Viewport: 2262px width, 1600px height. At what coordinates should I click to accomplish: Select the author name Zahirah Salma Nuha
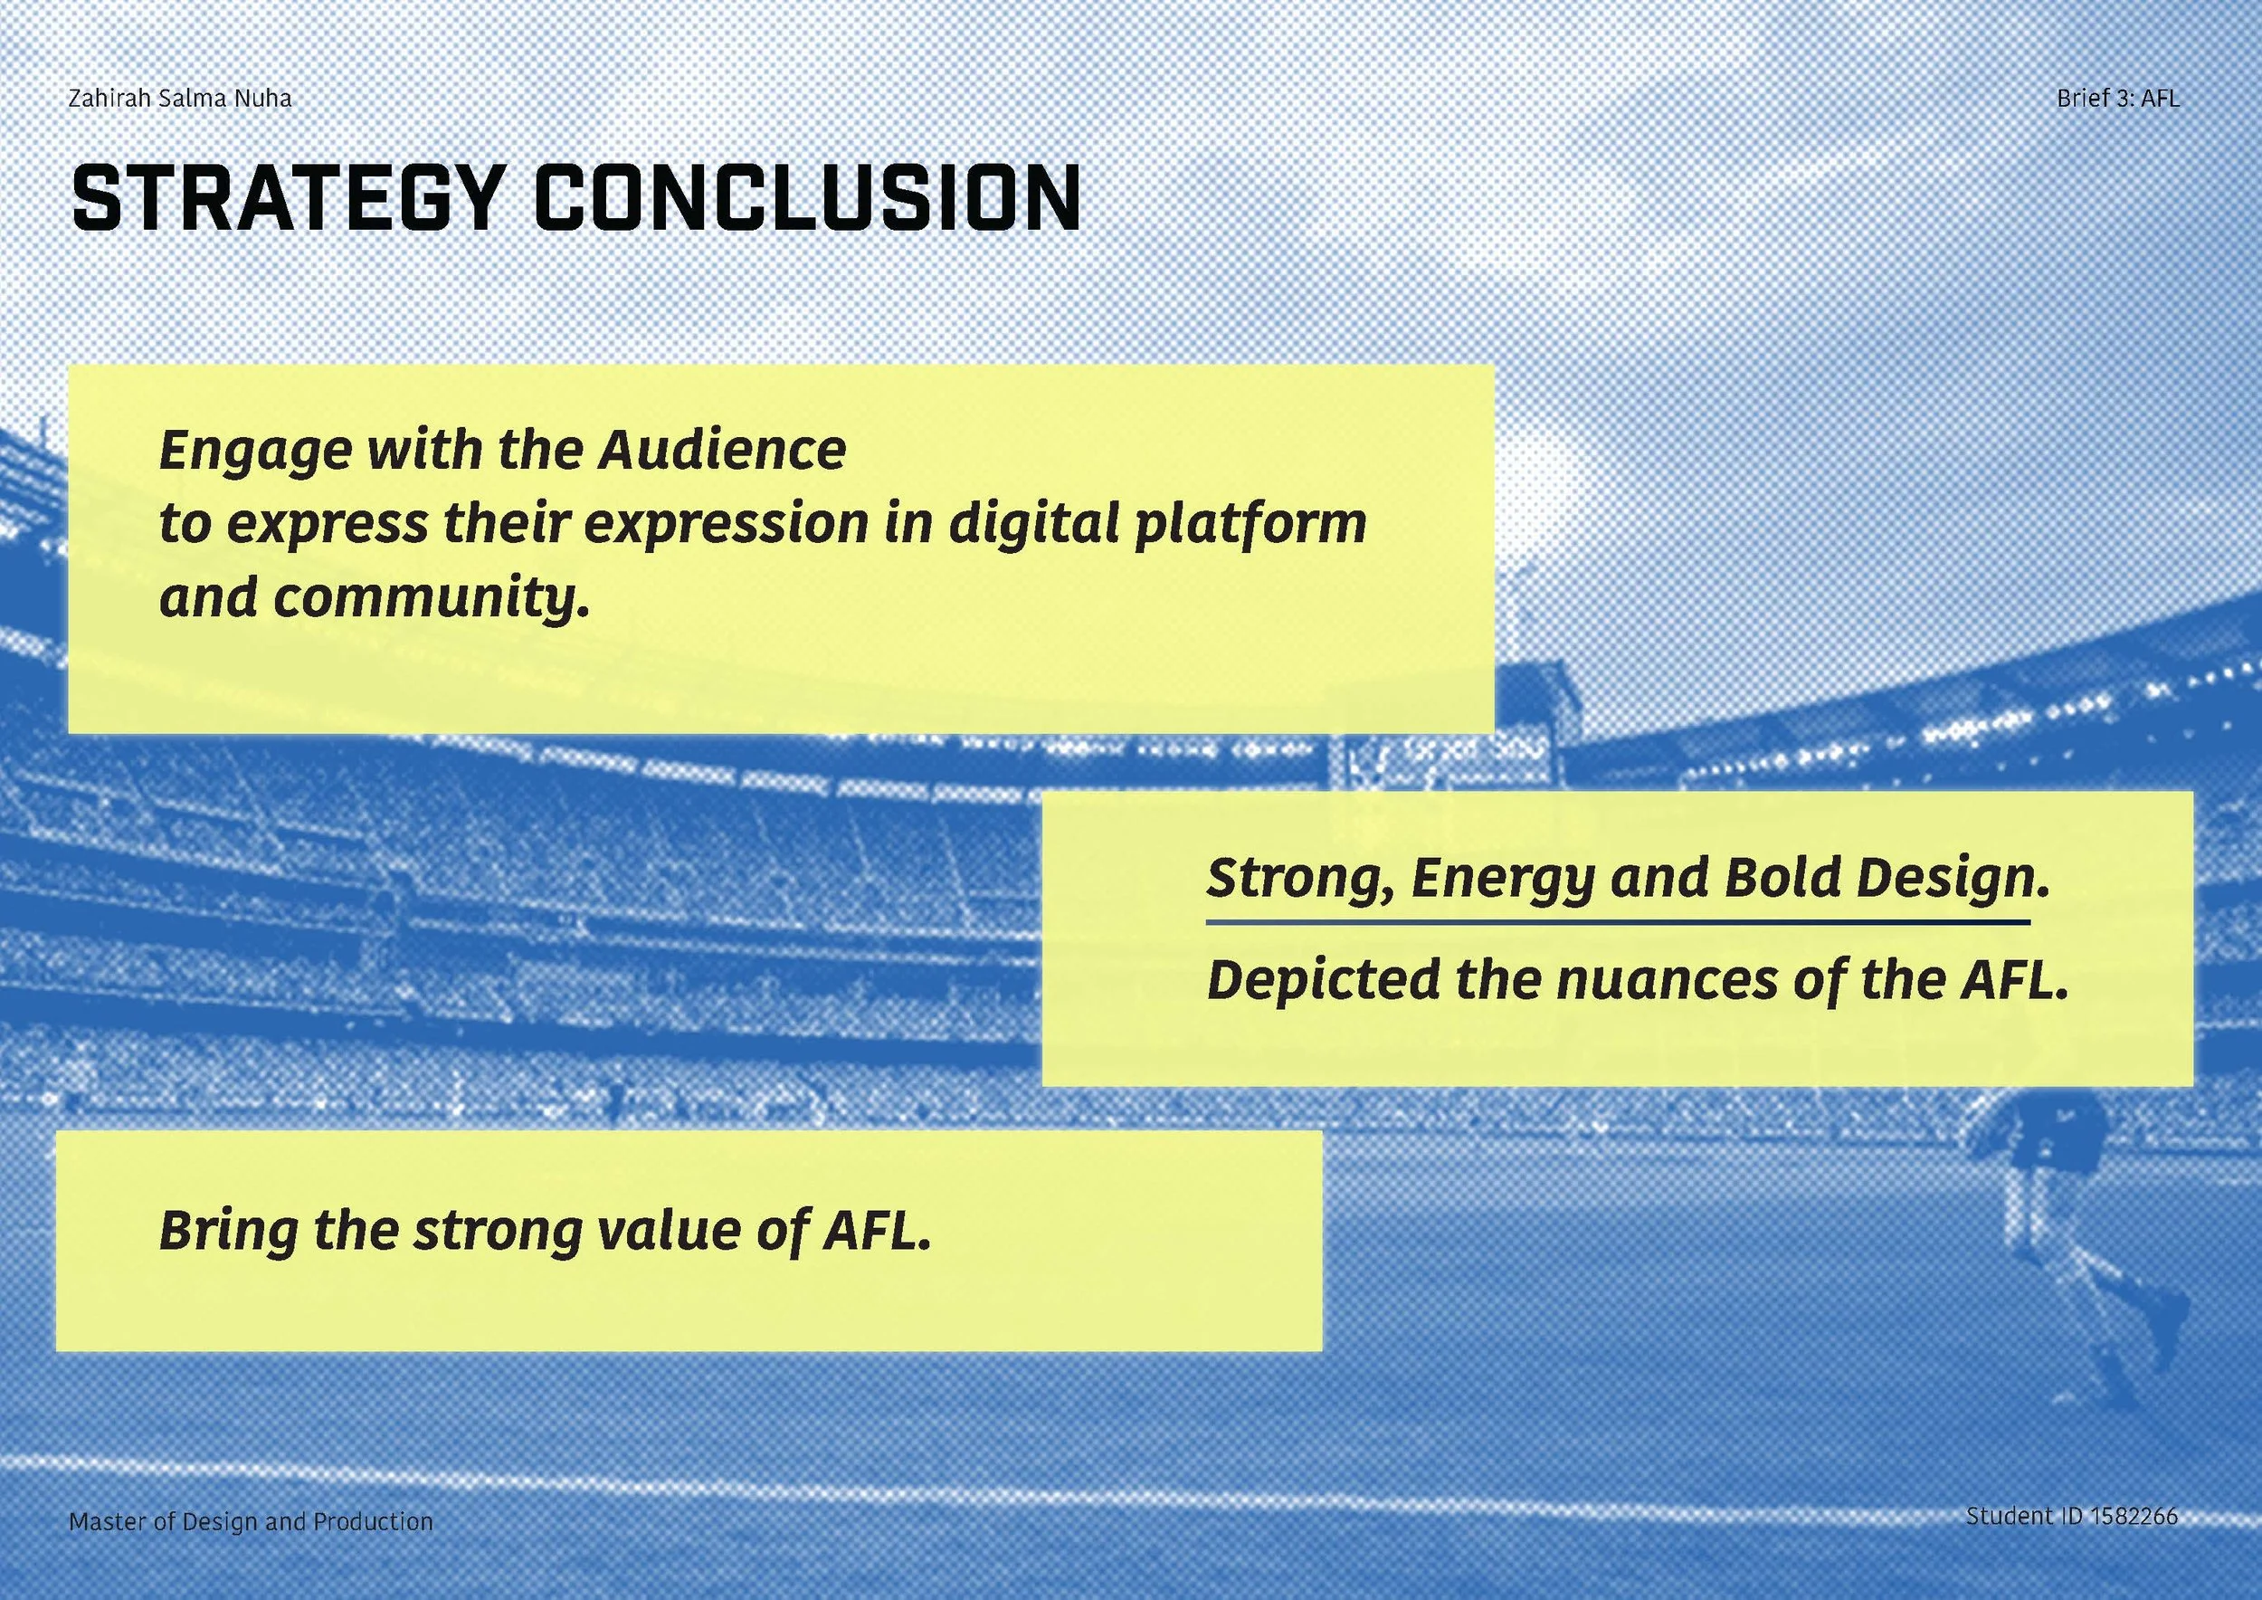[x=180, y=99]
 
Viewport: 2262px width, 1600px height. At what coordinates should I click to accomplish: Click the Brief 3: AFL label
[x=2118, y=99]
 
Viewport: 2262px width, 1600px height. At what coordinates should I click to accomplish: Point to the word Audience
[x=722, y=451]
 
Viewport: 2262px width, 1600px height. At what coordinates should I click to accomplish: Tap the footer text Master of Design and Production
[x=251, y=1521]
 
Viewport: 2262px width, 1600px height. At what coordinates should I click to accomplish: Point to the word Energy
[x=1502, y=878]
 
